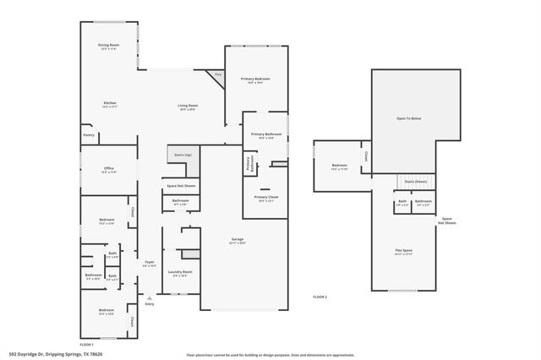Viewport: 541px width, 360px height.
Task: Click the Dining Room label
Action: [109, 45]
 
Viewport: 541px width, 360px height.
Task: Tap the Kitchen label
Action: [109, 103]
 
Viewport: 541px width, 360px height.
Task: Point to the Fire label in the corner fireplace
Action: [217, 75]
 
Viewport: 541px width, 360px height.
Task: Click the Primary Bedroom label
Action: [255, 79]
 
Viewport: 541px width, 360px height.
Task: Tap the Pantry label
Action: [88, 134]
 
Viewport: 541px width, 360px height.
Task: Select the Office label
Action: [109, 168]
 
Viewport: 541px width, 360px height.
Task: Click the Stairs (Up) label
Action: [183, 155]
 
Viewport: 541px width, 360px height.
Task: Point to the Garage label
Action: [238, 240]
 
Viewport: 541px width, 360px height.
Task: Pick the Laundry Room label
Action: [182, 272]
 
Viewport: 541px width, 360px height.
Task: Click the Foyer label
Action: [150, 263]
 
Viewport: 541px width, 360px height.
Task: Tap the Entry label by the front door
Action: [150, 303]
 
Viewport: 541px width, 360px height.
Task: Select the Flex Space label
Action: [402, 251]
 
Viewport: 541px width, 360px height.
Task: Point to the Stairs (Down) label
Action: [415, 181]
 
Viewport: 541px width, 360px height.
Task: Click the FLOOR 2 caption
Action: [320, 297]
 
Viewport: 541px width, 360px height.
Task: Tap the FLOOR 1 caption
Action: [87, 344]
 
